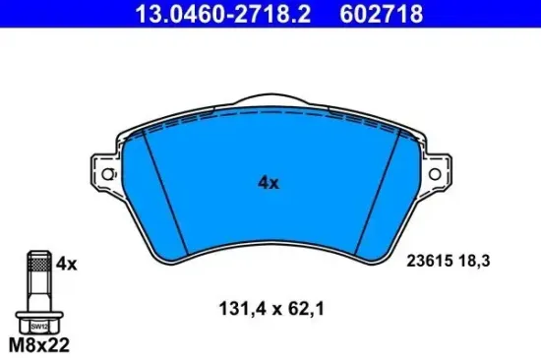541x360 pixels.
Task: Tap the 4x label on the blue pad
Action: pos(269,183)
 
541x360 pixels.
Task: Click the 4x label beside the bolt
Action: pos(67,263)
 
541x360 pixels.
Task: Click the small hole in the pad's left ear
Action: pos(108,175)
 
